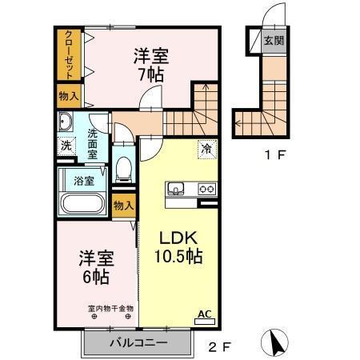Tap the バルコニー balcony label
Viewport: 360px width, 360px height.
138,343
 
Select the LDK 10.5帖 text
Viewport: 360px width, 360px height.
177,247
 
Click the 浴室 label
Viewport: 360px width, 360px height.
83,181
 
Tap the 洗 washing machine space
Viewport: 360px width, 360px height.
66,146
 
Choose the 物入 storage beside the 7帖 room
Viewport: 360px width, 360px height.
69,96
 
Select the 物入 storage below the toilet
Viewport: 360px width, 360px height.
123,206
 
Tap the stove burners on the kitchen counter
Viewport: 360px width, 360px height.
207,190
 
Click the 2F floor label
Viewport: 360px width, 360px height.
219,347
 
